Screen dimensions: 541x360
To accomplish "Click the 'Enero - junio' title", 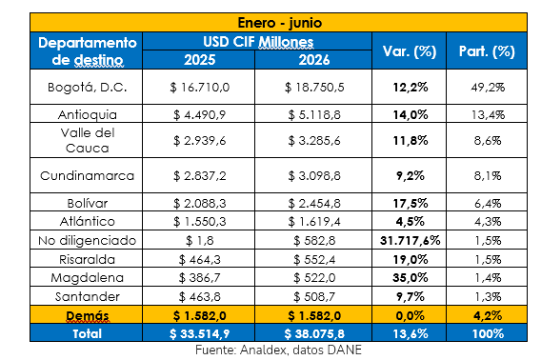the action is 279,23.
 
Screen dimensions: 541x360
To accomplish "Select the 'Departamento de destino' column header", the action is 88,51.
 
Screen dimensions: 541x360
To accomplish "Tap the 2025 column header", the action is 199,60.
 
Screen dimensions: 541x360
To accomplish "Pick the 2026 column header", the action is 314,60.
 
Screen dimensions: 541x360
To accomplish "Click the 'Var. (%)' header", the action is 410,51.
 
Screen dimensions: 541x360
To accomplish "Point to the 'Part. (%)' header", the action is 487,51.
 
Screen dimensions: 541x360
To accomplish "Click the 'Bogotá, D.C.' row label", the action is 88,87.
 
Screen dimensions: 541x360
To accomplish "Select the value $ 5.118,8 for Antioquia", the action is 314,114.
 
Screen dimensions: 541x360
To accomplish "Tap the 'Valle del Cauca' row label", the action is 88,141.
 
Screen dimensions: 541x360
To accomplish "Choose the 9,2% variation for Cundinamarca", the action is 410,175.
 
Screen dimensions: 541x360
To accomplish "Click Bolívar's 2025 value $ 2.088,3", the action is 199,203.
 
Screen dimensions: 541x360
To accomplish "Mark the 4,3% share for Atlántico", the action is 488,222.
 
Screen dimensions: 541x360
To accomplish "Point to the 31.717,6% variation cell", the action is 410,240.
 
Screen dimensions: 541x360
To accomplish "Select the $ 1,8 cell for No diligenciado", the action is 199,240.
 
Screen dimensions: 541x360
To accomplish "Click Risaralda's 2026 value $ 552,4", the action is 314,260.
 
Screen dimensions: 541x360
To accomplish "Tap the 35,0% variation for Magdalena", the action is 410,278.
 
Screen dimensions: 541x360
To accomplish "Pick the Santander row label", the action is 88,296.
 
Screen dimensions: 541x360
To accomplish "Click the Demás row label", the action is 88,315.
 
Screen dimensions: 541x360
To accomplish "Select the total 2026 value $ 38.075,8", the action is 314,333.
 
